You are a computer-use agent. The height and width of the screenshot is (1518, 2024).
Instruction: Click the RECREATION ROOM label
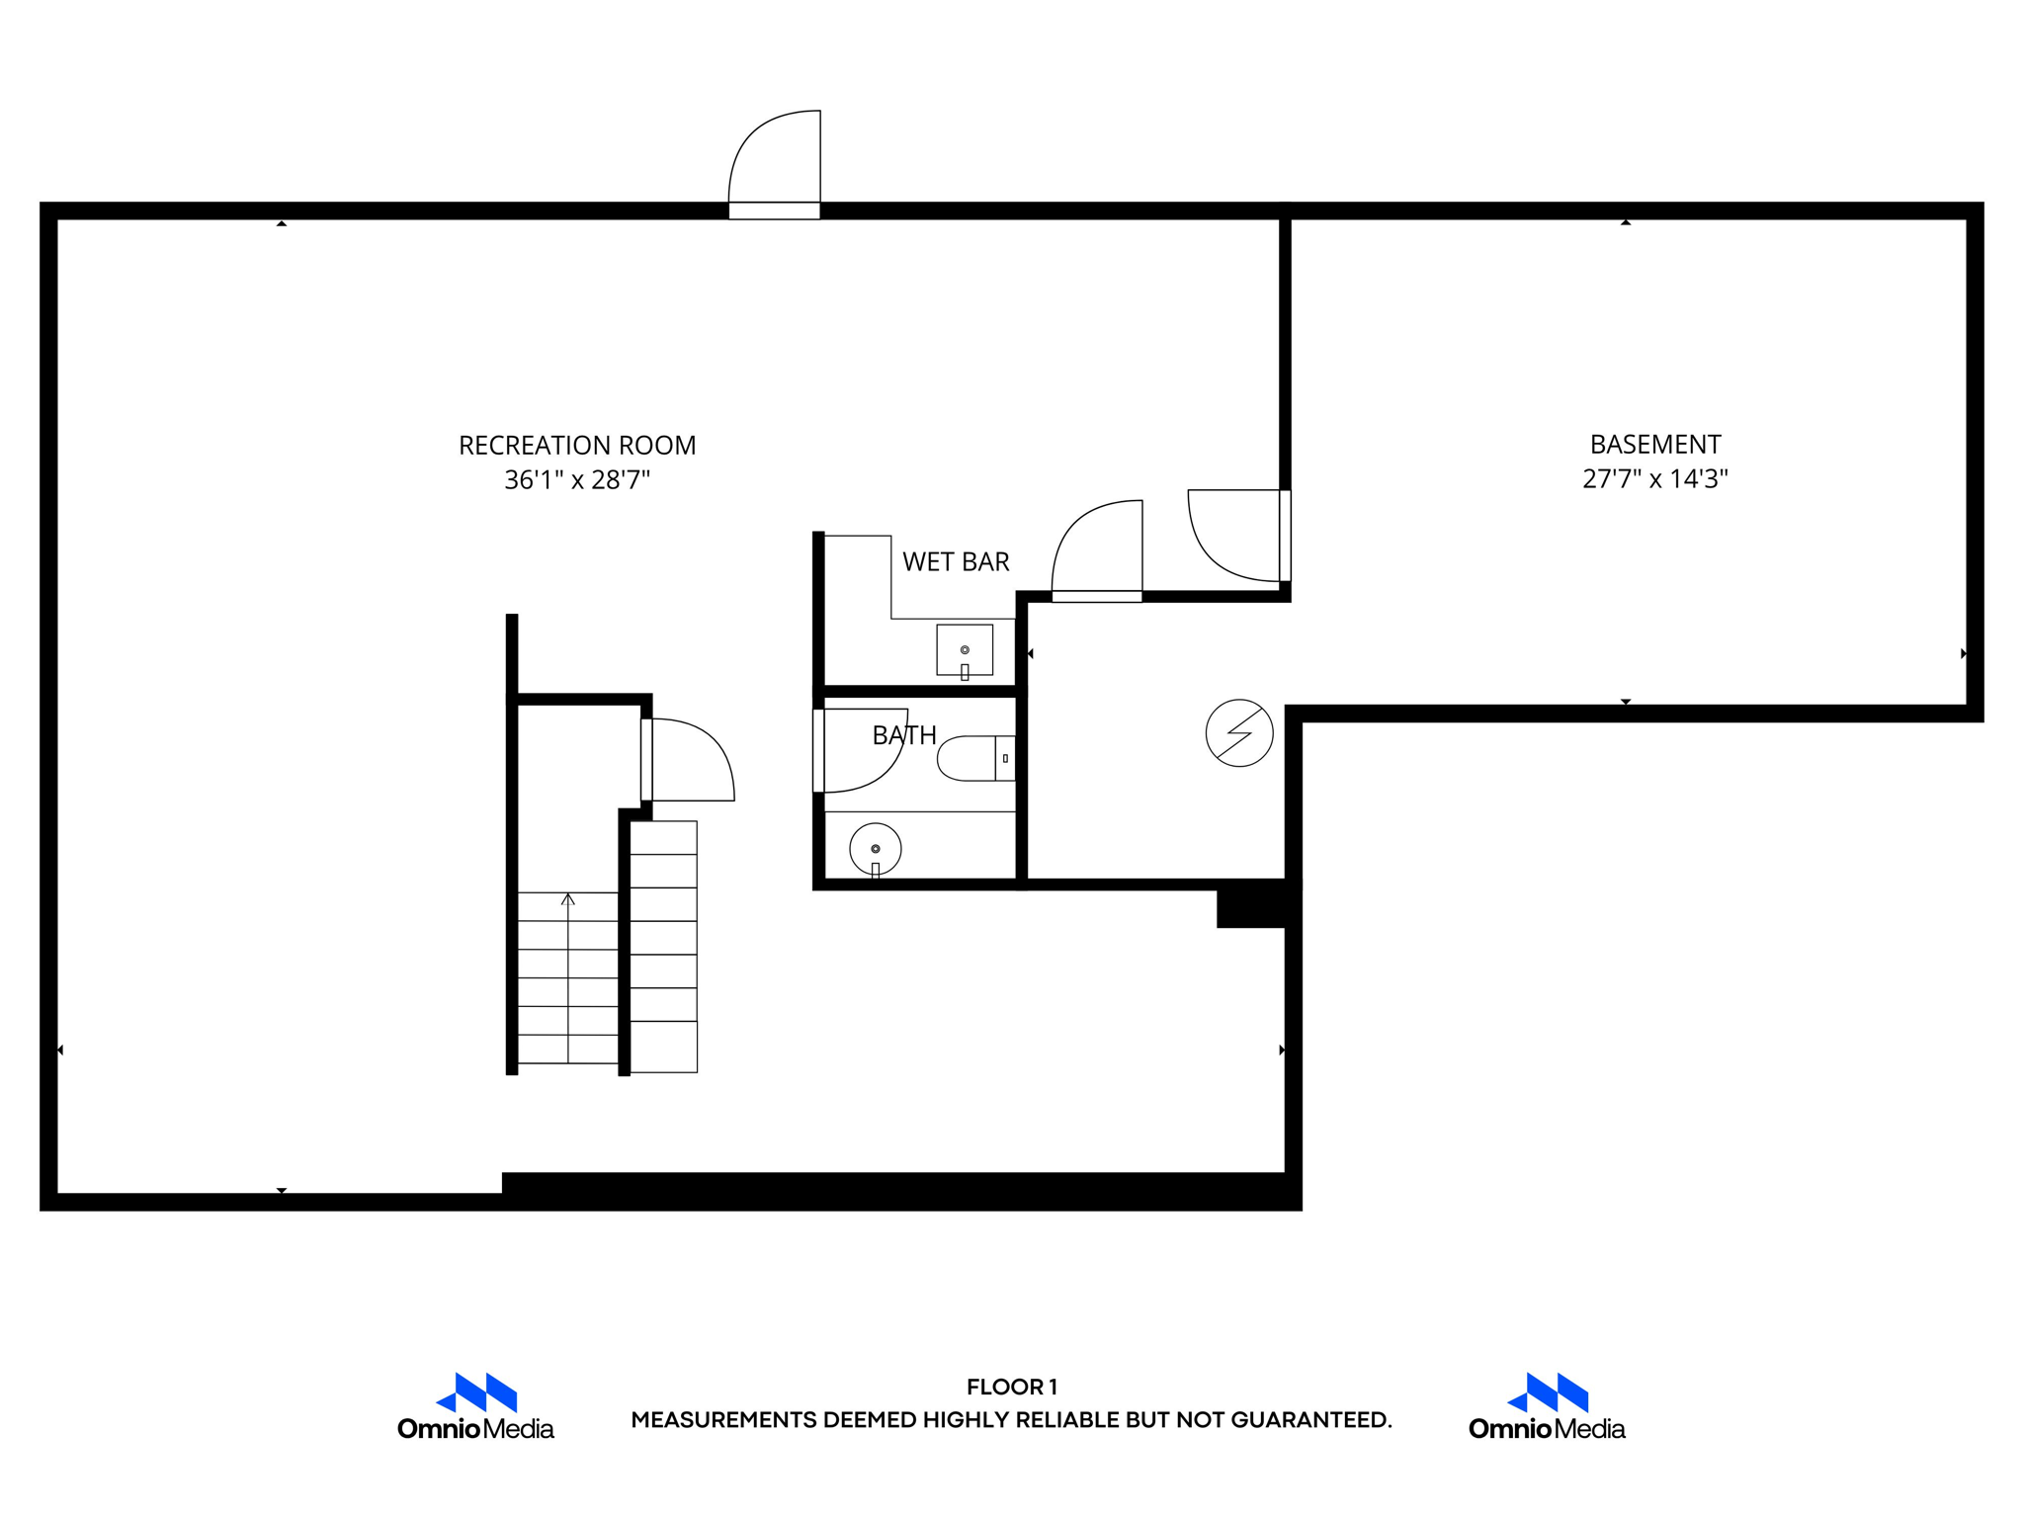(577, 446)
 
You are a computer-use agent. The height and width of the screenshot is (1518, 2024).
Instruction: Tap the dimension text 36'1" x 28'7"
(577, 480)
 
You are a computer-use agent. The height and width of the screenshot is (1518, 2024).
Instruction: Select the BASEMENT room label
(1655, 445)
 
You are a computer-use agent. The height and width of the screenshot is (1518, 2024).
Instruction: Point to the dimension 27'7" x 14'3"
(1655, 479)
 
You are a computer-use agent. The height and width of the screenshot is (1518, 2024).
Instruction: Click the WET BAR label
(956, 562)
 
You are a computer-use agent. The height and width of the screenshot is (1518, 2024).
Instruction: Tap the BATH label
(904, 735)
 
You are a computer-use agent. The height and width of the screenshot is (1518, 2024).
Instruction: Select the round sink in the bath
(876, 849)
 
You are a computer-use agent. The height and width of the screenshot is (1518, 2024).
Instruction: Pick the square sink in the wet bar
(965, 650)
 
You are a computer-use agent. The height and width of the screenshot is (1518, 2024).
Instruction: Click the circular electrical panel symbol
(1239, 733)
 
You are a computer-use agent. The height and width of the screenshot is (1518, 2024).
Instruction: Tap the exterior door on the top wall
(776, 163)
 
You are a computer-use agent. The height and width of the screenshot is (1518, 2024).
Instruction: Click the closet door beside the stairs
(690, 760)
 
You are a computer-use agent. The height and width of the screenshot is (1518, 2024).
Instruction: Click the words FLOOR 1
(1012, 1387)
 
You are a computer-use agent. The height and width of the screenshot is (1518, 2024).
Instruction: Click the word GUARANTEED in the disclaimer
(1309, 1420)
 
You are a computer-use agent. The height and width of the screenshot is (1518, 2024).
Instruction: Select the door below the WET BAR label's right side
(1097, 551)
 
